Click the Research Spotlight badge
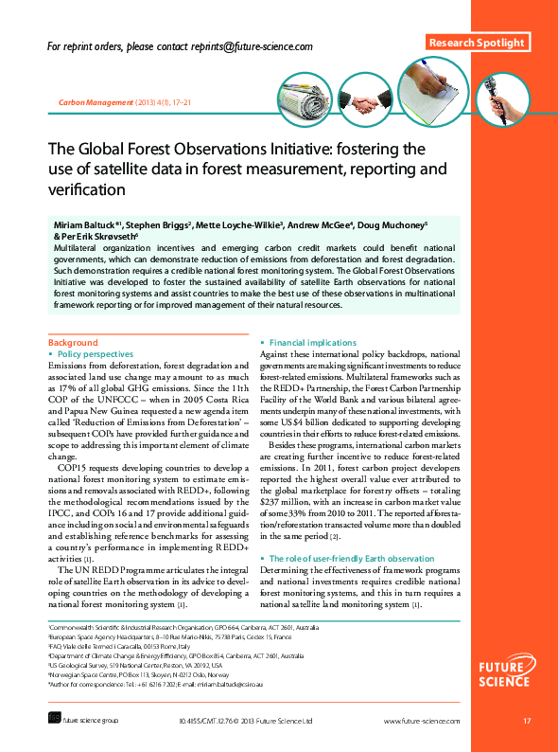click(479, 44)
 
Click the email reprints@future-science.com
click(253, 45)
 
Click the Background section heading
click(73, 342)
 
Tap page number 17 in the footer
click(527, 723)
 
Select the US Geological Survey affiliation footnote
click(139, 666)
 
